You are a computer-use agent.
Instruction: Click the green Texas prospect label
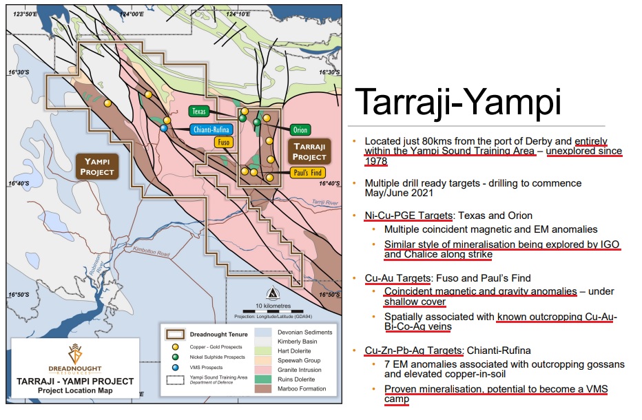coord(199,112)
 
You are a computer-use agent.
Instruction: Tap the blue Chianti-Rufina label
coord(211,129)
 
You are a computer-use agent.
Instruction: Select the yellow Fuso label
coord(224,143)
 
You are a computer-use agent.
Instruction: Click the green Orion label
coord(300,130)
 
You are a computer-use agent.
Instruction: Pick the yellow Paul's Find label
coord(308,173)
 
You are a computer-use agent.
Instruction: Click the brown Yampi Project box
coord(97,167)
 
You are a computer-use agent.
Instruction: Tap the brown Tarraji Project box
coord(309,151)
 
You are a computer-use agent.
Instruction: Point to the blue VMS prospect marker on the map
coord(164,128)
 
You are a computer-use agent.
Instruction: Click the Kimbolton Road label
coord(151,251)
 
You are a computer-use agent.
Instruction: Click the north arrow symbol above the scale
coord(273,294)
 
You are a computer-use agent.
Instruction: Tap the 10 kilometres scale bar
coord(273,311)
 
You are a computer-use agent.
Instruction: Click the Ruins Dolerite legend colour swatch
coord(263,379)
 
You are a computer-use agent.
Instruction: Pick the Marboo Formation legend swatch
coord(263,388)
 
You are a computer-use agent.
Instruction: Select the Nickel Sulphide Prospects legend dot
coord(176,357)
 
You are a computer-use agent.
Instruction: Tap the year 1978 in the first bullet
coord(376,161)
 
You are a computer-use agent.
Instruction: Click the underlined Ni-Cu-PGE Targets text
coord(408,216)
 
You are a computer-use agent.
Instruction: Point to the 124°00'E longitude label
coord(132,14)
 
